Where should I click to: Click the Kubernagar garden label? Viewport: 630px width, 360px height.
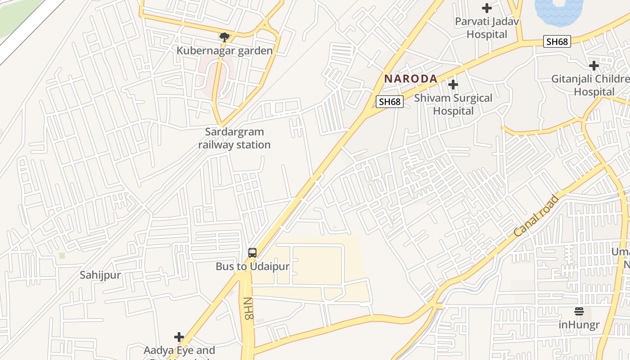click(225, 50)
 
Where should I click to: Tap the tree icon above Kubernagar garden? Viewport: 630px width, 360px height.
click(225, 37)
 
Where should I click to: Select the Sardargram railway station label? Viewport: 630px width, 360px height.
click(234, 138)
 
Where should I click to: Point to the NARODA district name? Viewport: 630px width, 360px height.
click(410, 79)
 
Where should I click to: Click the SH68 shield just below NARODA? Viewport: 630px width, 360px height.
click(390, 102)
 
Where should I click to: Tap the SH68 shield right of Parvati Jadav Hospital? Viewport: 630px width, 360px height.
click(557, 42)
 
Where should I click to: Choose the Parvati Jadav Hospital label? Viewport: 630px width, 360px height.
click(487, 28)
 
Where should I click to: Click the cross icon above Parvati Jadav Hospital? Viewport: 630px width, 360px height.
click(486, 8)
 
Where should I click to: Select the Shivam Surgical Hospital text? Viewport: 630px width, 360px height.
click(453, 104)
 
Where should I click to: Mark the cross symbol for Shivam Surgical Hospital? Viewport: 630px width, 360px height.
click(453, 85)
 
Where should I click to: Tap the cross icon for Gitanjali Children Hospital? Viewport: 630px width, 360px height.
click(594, 66)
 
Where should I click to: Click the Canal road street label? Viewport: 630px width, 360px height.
click(536, 216)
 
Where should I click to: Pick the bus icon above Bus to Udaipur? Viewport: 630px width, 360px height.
click(252, 253)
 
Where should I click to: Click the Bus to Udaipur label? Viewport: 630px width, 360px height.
click(252, 266)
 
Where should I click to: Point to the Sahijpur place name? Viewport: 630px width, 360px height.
click(100, 275)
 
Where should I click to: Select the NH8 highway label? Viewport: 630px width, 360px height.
click(248, 309)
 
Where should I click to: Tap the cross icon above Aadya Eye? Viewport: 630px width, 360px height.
click(179, 337)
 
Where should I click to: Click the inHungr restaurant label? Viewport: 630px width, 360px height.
click(579, 324)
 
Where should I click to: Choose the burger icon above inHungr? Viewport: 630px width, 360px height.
click(579, 311)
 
